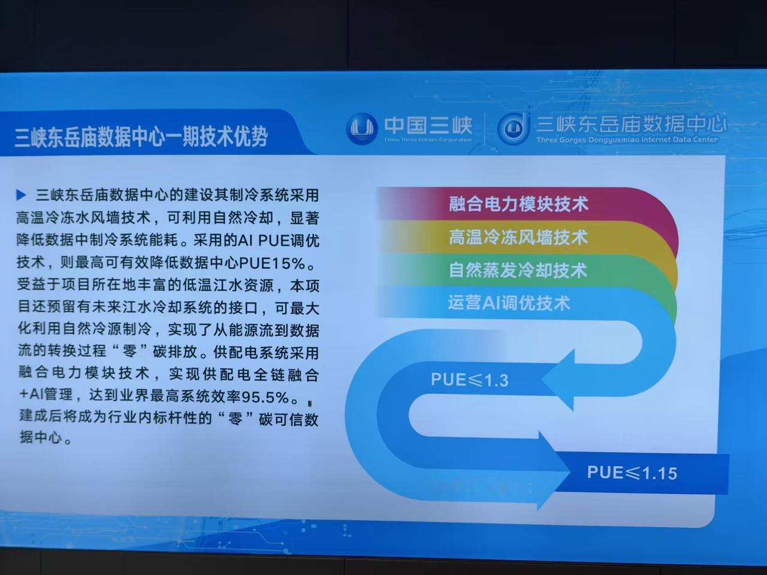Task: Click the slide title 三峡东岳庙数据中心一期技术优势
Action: tap(141, 136)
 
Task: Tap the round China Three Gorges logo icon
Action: tap(362, 129)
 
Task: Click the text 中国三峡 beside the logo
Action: tap(428, 125)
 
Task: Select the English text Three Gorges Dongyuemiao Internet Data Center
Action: tap(627, 140)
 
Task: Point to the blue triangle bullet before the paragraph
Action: tap(21, 195)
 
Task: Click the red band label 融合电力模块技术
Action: tap(518, 204)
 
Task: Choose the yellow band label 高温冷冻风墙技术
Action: tap(518, 237)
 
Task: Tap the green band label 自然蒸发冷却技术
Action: tap(518, 270)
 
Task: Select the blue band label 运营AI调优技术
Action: tap(509, 303)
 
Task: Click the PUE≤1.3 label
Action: tap(470, 380)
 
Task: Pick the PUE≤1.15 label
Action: tap(632, 473)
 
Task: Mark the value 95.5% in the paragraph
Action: tap(265, 397)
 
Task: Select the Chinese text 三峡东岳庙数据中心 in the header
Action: tap(631, 125)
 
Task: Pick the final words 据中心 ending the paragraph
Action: tap(41, 437)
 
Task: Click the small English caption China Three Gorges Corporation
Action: tap(428, 140)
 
